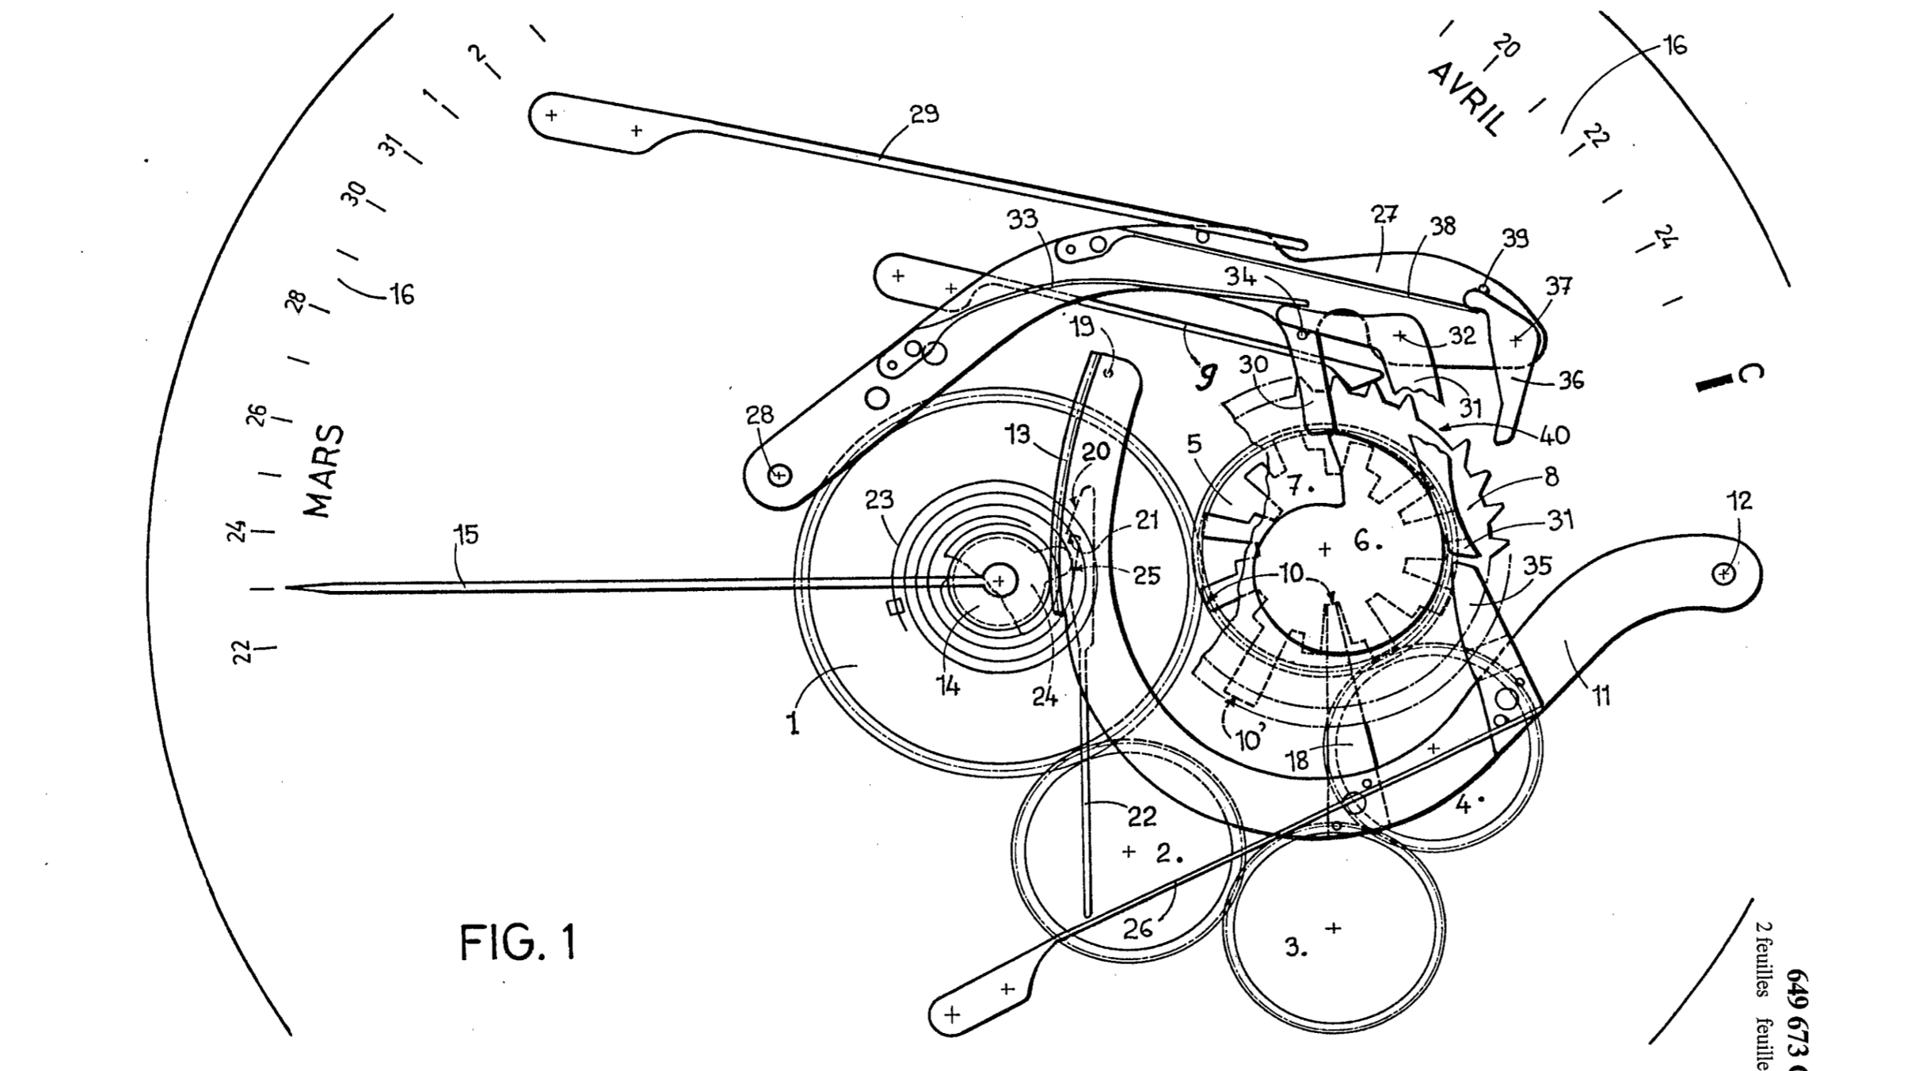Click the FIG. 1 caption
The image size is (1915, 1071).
[518, 943]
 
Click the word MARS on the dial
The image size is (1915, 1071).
[326, 471]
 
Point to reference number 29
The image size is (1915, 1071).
[924, 115]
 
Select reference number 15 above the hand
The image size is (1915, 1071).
[466, 535]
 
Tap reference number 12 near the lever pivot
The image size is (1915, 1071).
[1739, 501]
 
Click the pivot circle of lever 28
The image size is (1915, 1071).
[779, 475]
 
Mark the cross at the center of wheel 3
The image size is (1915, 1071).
[1334, 928]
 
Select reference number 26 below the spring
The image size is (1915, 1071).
[1138, 928]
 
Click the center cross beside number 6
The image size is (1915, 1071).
[1325, 549]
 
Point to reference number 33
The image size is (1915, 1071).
[1022, 219]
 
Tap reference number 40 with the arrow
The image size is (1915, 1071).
[1554, 435]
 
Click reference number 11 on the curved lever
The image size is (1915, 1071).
[1601, 696]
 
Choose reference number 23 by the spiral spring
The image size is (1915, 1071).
[880, 500]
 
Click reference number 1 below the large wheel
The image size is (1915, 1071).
[793, 723]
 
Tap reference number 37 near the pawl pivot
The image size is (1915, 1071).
[1559, 285]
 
